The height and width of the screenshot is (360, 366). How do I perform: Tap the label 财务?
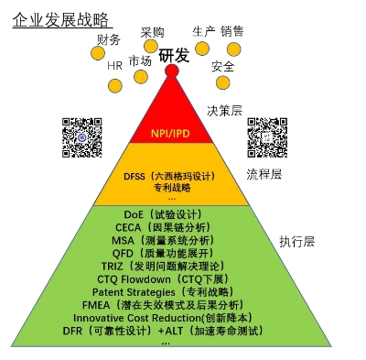[x=108, y=39]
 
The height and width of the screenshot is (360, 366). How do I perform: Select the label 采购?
[x=153, y=33]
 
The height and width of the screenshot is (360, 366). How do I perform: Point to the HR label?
[x=114, y=66]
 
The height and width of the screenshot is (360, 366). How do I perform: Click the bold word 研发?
[x=174, y=55]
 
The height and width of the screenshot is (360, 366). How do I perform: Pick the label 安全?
[x=222, y=66]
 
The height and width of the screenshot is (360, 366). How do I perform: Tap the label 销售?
[x=232, y=31]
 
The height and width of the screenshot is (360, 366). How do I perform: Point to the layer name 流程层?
[x=264, y=174]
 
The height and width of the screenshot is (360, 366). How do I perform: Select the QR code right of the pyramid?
[x=267, y=136]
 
